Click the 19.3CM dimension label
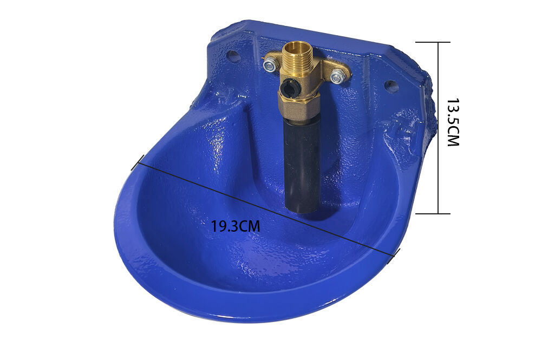tap(236, 226)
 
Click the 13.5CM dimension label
tap(453, 122)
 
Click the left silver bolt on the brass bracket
tap(269, 65)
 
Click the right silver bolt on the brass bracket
tap(337, 76)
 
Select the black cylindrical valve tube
tap(302, 166)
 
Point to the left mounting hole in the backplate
tap(232, 55)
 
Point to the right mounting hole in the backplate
tap(391, 86)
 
